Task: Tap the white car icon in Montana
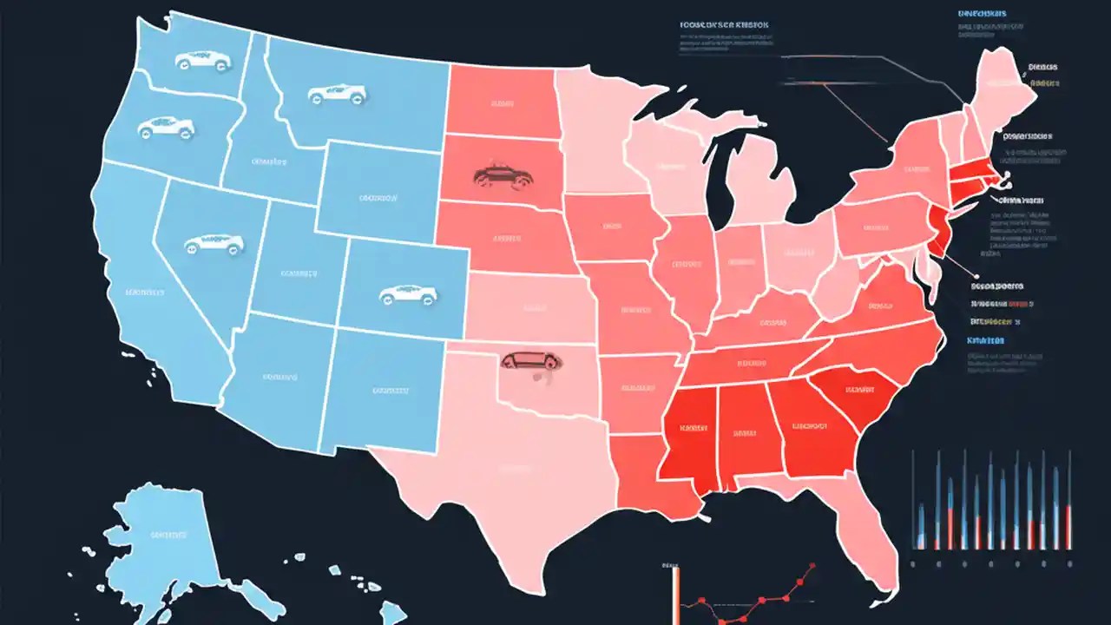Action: point(337,93)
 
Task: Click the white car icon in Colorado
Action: point(406,295)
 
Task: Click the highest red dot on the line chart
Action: point(812,566)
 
